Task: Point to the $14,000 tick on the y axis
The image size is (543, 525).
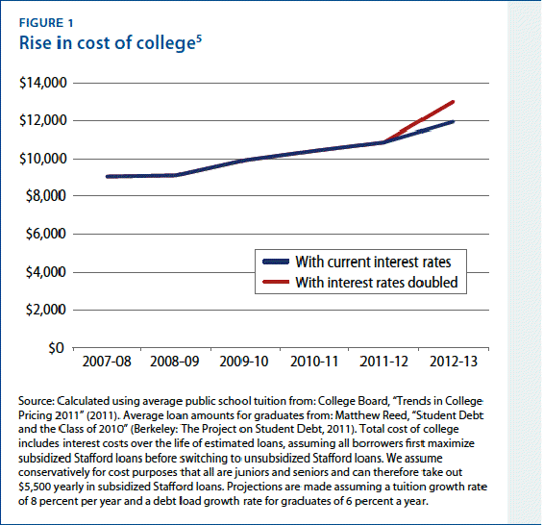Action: [x=41, y=84]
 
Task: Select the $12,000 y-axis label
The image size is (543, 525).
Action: [x=41, y=121]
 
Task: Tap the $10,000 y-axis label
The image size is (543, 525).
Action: [x=41, y=159]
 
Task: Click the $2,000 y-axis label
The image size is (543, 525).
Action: [x=44, y=311]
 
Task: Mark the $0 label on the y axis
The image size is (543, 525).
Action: [x=56, y=348]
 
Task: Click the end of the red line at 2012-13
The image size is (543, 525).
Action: [x=453, y=102]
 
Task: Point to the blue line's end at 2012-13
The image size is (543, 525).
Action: [x=453, y=122]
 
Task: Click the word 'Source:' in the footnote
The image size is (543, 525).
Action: [x=38, y=399]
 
